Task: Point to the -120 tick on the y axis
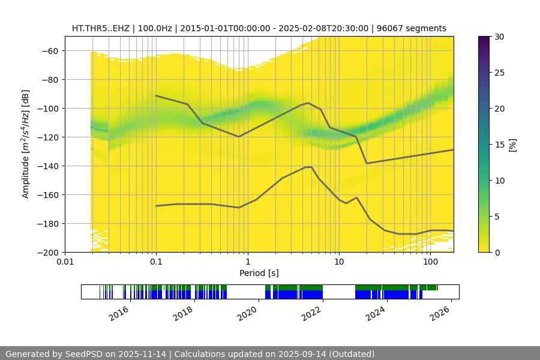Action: pos(49,137)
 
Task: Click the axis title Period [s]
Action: pos(259,273)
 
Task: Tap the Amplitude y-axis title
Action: pos(25,144)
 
